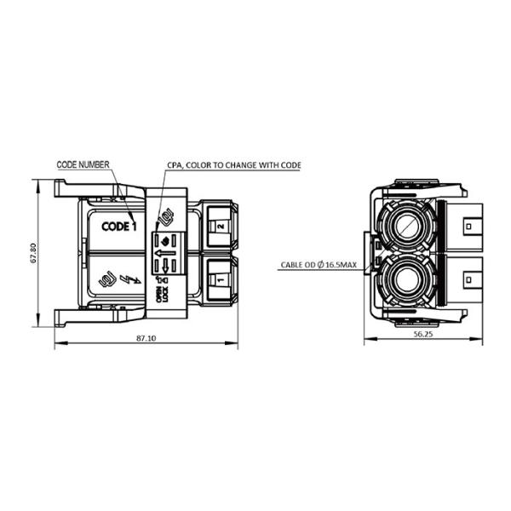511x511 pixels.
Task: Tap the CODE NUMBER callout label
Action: point(83,164)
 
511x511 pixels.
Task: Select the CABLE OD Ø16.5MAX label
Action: point(321,265)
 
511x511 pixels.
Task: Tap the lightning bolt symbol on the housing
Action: point(130,280)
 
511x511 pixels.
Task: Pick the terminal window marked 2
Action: point(219,227)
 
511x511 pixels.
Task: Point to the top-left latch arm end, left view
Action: point(59,187)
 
